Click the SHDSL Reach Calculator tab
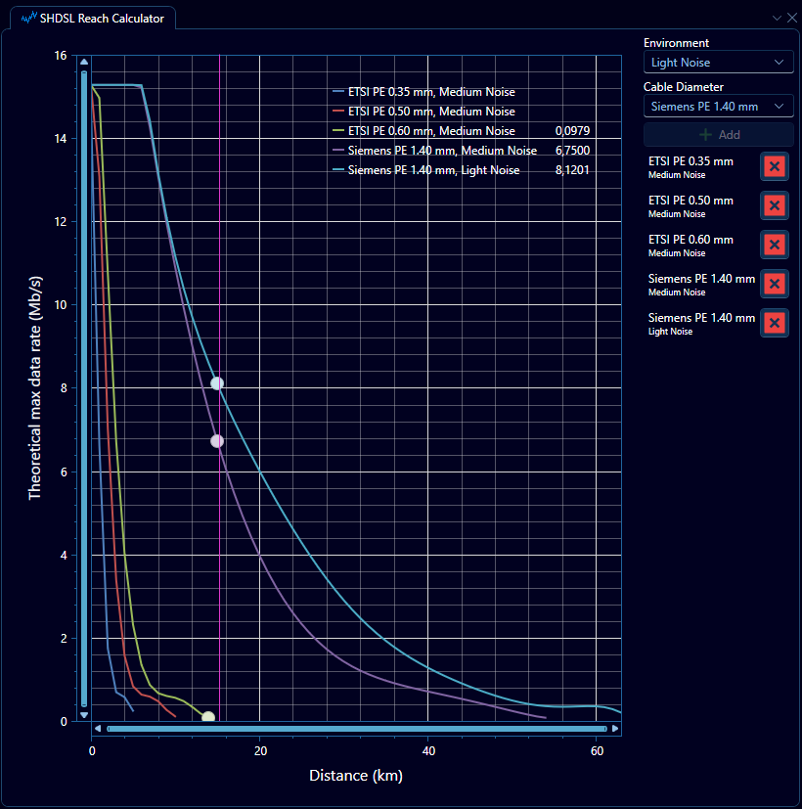(x=93, y=18)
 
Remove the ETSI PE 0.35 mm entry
(x=774, y=166)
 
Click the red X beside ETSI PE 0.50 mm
(x=774, y=205)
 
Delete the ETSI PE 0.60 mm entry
(x=774, y=245)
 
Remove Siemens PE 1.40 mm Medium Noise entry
(x=774, y=284)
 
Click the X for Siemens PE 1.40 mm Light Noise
(x=774, y=323)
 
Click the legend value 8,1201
(x=572, y=170)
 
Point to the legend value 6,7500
(x=572, y=151)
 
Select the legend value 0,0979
(x=572, y=131)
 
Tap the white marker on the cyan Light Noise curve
(x=217, y=383)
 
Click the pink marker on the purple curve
(x=217, y=441)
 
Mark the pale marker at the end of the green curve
(x=208, y=718)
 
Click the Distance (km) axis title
(x=356, y=776)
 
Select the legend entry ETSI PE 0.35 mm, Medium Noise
(x=431, y=92)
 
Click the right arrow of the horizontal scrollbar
(x=614, y=729)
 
